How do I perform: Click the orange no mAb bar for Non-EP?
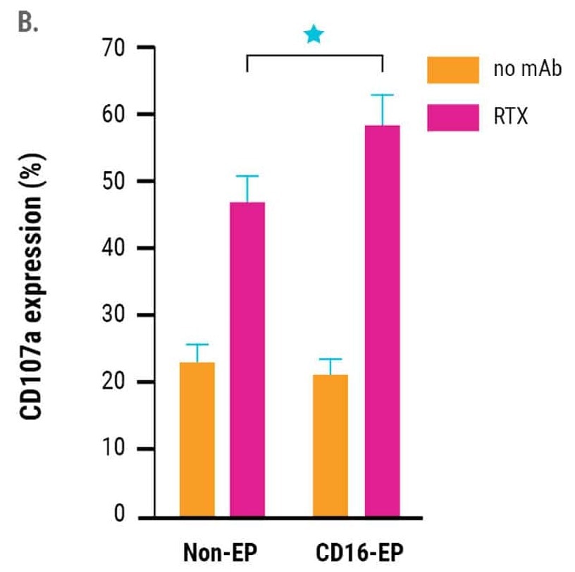[197, 440]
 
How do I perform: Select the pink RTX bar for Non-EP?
[247, 359]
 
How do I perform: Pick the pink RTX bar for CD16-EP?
[382, 321]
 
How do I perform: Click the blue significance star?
[314, 34]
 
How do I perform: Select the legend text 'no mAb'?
[528, 70]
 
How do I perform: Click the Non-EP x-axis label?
[221, 552]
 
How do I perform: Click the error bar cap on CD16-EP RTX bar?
[382, 95]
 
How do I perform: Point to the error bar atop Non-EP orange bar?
[197, 352]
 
